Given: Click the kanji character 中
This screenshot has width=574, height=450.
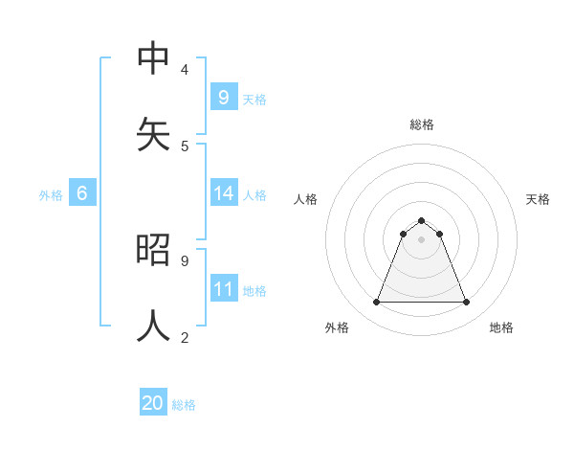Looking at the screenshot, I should [x=153, y=58].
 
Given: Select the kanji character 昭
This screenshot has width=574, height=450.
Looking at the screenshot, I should [x=153, y=249].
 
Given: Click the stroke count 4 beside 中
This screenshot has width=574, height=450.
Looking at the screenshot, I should [x=184, y=69].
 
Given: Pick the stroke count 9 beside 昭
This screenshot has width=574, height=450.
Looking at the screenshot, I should [x=184, y=259].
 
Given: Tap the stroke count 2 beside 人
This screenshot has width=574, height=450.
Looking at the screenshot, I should [x=184, y=336].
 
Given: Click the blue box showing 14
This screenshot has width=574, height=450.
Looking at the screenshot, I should [x=223, y=193].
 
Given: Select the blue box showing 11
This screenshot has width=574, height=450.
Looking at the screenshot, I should [x=223, y=289].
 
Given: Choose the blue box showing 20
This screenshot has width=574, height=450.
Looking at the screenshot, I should [x=153, y=403].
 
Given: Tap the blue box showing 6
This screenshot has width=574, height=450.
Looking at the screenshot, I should [x=82, y=193].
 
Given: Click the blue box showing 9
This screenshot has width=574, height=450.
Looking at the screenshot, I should [x=223, y=97].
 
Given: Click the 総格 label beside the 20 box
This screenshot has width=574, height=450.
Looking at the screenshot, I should [x=184, y=405].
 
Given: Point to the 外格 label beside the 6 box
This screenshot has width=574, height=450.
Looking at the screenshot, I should [x=51, y=195].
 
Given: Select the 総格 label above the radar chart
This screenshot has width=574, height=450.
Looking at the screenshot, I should [x=422, y=124].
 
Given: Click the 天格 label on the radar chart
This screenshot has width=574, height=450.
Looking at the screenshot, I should [x=538, y=199].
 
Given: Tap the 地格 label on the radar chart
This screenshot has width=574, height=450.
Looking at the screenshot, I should [x=501, y=327].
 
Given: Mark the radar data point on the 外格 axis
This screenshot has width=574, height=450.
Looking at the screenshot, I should [x=376, y=303].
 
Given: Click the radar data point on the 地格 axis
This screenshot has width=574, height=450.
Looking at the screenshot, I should [x=467, y=303].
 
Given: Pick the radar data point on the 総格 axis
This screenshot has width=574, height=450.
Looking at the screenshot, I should [x=422, y=220].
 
